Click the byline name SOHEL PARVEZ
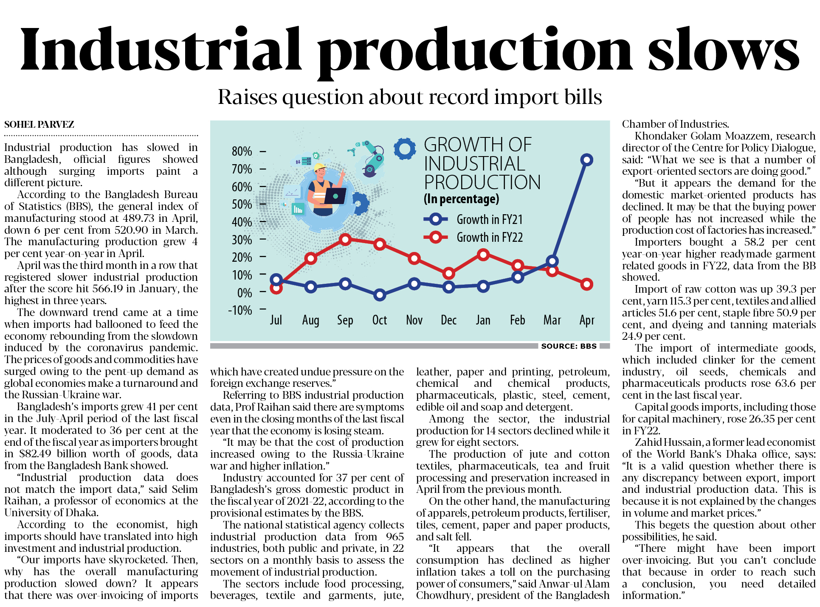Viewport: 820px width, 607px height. [x=39, y=125]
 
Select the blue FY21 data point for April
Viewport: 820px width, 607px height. [x=586, y=160]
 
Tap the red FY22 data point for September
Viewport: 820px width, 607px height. [x=345, y=240]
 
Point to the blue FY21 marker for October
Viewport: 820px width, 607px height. [x=380, y=295]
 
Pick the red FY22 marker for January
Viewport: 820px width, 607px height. [x=483, y=255]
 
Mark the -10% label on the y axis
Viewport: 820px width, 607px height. [x=240, y=310]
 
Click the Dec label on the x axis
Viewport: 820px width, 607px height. [x=448, y=320]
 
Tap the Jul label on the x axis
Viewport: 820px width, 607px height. [x=276, y=320]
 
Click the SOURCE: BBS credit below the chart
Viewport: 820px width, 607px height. [x=569, y=346]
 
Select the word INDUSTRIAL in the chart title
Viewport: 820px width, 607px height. [x=474, y=164]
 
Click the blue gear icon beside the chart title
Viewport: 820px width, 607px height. [x=404, y=148]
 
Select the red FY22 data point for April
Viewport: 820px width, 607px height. [x=586, y=284]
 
